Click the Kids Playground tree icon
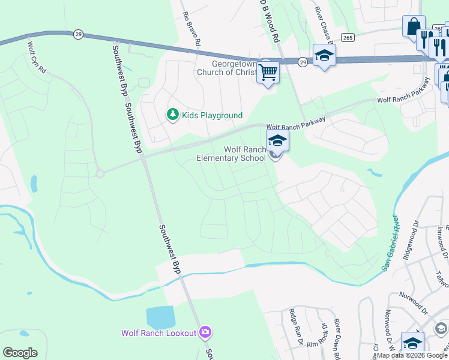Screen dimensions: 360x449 click(x=173, y=114)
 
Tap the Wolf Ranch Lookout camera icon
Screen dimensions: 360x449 click(x=206, y=332)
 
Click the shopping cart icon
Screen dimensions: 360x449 click(x=268, y=72)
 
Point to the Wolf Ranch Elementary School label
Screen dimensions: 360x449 click(x=232, y=154)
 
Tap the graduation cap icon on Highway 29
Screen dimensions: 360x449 click(x=324, y=56)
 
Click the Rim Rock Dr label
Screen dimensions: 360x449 click(x=316, y=343)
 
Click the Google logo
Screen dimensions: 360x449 click(x=20, y=353)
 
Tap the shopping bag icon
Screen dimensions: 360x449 click(x=413, y=26)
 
